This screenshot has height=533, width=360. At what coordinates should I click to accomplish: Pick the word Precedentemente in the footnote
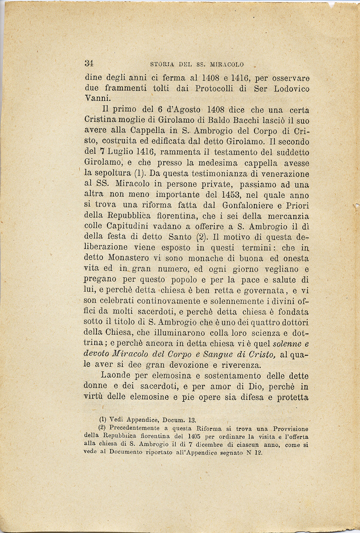135,429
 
